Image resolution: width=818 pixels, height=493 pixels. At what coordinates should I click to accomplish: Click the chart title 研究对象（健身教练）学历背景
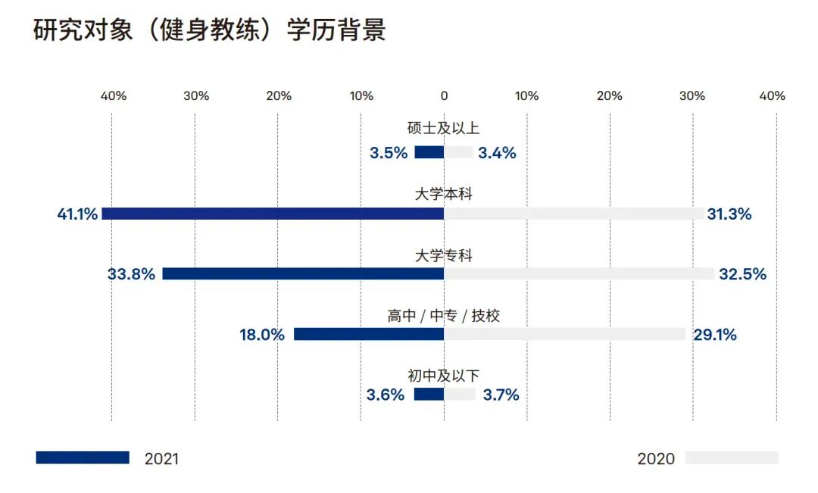pos(210,30)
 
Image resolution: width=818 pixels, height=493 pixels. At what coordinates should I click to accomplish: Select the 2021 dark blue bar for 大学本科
pos(273,214)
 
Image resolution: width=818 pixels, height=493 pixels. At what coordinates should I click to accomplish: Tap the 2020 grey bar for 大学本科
pos(573,214)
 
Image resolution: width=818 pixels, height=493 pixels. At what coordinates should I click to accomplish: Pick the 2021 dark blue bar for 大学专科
pos(303,273)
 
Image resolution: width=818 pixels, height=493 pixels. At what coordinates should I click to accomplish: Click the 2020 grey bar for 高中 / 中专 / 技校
pos(564,334)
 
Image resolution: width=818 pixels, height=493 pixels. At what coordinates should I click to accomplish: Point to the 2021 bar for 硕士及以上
pos(429,152)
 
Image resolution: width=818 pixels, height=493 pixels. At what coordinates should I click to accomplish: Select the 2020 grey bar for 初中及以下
pos(460,394)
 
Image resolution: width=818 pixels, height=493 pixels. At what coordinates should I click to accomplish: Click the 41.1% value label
pos(77,214)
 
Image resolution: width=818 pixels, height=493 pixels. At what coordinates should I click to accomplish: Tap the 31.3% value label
pos(729,214)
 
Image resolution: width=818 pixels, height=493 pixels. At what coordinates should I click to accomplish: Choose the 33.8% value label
pos(131,274)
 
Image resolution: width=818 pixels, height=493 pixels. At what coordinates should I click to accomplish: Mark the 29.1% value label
pos(714,335)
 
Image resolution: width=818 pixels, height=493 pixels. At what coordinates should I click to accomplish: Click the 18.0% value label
pos(262,335)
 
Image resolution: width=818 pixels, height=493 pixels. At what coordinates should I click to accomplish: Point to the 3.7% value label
pos(501,395)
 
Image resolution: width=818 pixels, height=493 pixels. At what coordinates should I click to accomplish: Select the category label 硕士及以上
pos(444,129)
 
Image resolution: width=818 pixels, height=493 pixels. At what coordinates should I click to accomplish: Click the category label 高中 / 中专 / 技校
pos(444,316)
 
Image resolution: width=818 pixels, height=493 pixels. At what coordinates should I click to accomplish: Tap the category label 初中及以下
pos(444,375)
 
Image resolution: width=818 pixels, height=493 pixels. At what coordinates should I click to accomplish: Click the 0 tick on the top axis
pos(444,96)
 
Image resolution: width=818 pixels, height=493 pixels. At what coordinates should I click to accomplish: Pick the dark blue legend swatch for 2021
pos(83,457)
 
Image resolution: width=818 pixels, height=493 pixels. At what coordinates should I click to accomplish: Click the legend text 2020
pos(656,459)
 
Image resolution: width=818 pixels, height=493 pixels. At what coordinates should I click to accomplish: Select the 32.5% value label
pos(742,274)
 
